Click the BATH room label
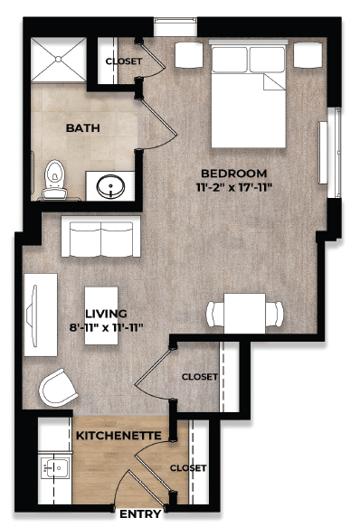point(82,127)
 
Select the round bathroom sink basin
point(113,188)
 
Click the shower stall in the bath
point(60,61)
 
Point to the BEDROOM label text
point(233,173)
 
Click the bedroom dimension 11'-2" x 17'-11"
point(233,187)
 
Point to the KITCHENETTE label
point(118,437)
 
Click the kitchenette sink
point(57,468)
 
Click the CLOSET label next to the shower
point(122,61)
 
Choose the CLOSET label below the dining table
point(199,377)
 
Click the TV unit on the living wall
point(39,309)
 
